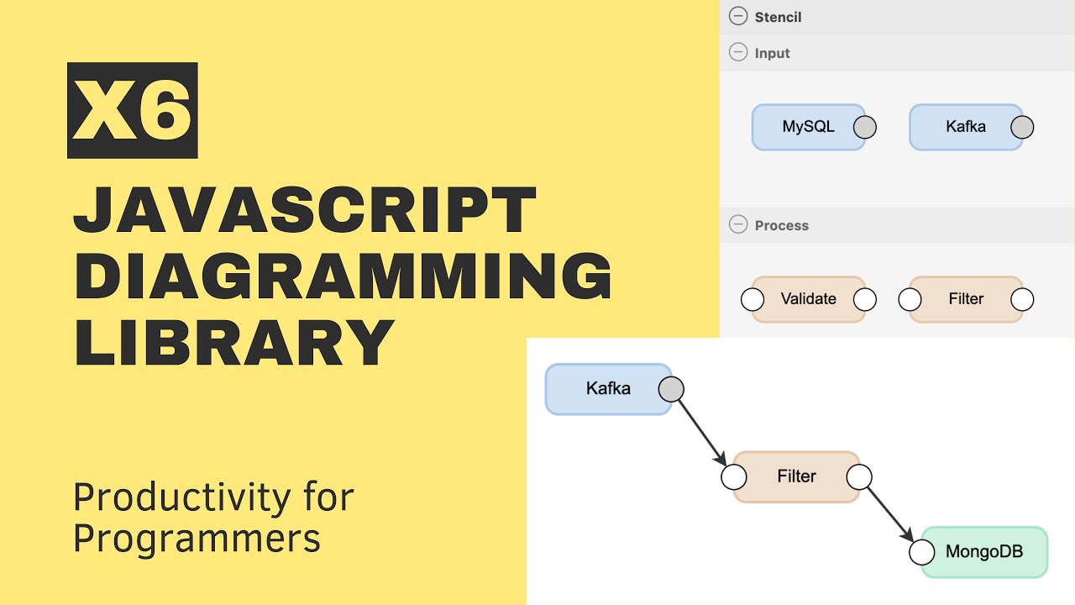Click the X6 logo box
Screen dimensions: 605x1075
click(x=133, y=110)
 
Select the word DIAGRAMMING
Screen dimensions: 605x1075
click(x=343, y=277)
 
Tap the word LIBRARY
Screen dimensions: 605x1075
click(x=234, y=342)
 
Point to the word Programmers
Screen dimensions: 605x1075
click(x=197, y=538)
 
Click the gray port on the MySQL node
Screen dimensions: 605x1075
click(x=865, y=127)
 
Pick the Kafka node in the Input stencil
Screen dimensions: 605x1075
click(x=965, y=127)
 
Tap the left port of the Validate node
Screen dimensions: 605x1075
click(x=752, y=299)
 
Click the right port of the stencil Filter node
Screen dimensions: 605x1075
click(x=1022, y=299)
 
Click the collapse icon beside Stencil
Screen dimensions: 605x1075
click(x=738, y=17)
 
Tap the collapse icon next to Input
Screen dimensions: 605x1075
click(x=738, y=53)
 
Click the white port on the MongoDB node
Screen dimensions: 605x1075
click(x=922, y=552)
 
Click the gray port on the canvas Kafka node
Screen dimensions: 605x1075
click(x=671, y=389)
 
